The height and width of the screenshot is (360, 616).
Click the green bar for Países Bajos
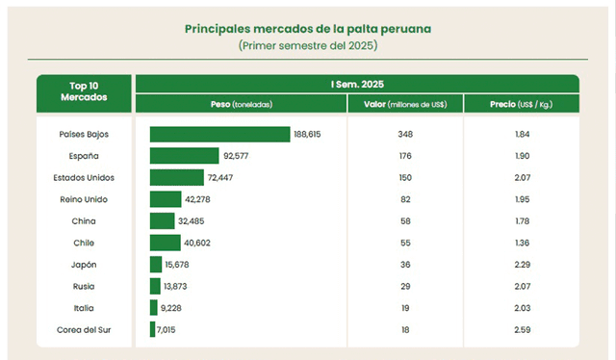pos(219,134)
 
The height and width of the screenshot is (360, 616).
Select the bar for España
pos(184,156)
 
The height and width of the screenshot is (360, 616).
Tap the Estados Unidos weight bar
pos(176,177)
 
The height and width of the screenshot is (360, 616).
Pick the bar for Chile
pos(165,243)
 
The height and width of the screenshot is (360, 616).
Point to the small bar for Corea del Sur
pos(152,330)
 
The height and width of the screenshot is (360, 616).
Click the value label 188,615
pos(308,134)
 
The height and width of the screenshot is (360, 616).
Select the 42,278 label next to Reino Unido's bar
pos(199,199)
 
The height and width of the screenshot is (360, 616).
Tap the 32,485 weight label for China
pos(192,221)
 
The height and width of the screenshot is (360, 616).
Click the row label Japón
pos(84,265)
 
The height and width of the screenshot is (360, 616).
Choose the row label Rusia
pos(84,287)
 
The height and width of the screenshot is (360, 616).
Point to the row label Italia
pos(84,308)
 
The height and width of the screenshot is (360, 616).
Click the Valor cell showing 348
pos(404,134)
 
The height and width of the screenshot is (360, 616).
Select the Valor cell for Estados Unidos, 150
pos(404,177)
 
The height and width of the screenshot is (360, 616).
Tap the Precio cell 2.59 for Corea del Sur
pos(523,330)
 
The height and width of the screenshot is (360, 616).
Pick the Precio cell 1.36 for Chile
pos(523,243)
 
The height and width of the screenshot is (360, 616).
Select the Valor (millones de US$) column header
pos(404,103)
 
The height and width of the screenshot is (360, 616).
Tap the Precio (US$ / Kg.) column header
pos(523,103)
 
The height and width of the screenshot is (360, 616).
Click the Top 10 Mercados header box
pos(84,93)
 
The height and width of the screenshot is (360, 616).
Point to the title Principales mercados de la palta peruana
pos(308,29)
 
